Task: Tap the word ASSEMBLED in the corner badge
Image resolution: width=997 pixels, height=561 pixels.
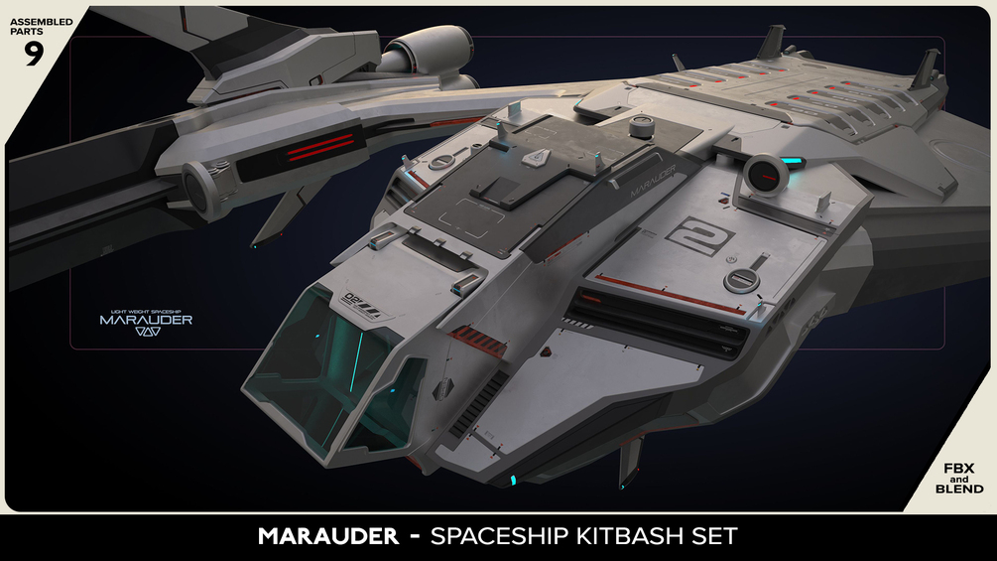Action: [x=41, y=21]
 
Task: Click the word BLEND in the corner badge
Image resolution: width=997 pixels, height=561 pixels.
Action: [x=959, y=489]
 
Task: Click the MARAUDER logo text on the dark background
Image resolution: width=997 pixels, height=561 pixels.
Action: [x=146, y=320]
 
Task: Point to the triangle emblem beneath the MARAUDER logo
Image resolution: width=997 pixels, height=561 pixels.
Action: [x=146, y=335]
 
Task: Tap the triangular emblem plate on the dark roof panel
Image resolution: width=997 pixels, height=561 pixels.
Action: [x=537, y=157]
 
